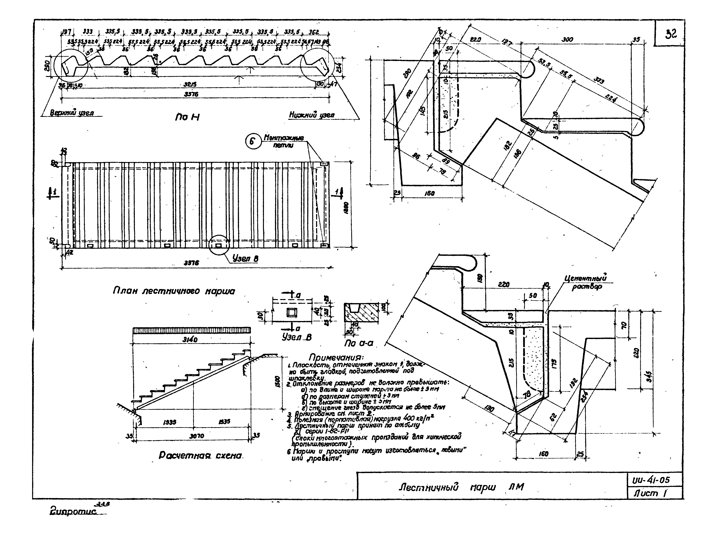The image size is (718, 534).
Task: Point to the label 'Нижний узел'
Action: (312, 115)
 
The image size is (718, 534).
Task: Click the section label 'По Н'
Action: (187, 117)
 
